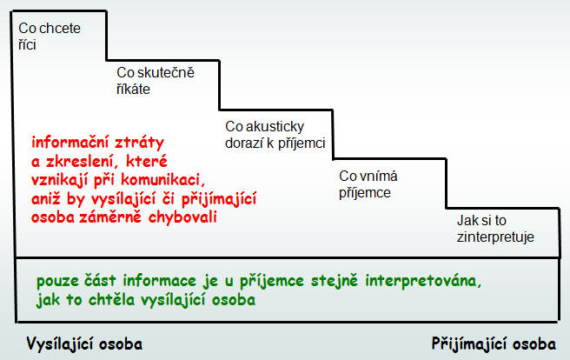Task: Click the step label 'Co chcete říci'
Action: [50, 37]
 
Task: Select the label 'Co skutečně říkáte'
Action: [156, 81]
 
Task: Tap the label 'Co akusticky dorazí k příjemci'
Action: [275, 135]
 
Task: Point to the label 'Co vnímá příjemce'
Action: [368, 184]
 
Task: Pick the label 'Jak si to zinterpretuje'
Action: [495, 229]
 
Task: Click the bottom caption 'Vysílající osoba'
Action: [84, 343]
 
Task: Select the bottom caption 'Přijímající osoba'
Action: [494, 343]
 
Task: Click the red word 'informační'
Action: [70, 143]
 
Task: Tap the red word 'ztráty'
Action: [139, 143]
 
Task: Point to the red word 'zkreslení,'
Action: [83, 161]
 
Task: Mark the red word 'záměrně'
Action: [110, 217]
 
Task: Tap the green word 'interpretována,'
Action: [423, 281]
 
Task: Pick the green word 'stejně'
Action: [335, 281]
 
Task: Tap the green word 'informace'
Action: [160, 281]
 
